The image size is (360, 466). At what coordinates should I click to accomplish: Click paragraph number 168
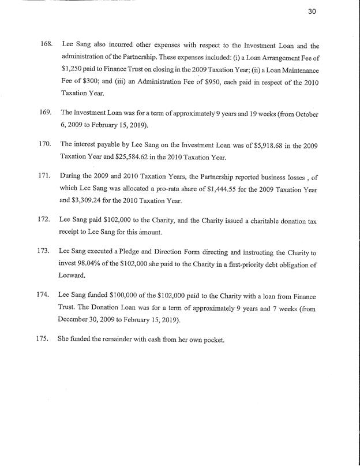pyautogui.click(x=45, y=45)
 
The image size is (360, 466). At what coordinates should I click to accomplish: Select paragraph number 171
pyautogui.click(x=45, y=174)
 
